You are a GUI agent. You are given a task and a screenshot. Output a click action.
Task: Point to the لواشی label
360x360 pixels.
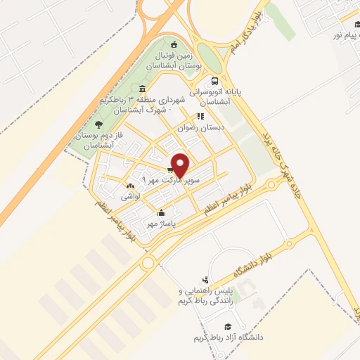click(131, 198)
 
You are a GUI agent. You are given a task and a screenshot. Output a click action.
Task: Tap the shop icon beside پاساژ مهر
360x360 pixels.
click(162, 212)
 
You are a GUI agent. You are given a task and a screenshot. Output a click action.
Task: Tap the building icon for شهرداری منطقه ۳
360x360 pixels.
click(143, 89)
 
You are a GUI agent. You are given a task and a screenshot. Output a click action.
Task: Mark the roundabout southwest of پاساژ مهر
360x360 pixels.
click(148, 263)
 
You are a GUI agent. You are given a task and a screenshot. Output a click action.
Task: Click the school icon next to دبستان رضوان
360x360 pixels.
click(200, 117)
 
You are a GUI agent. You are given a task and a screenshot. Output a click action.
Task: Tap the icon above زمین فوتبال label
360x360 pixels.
click(174, 44)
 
